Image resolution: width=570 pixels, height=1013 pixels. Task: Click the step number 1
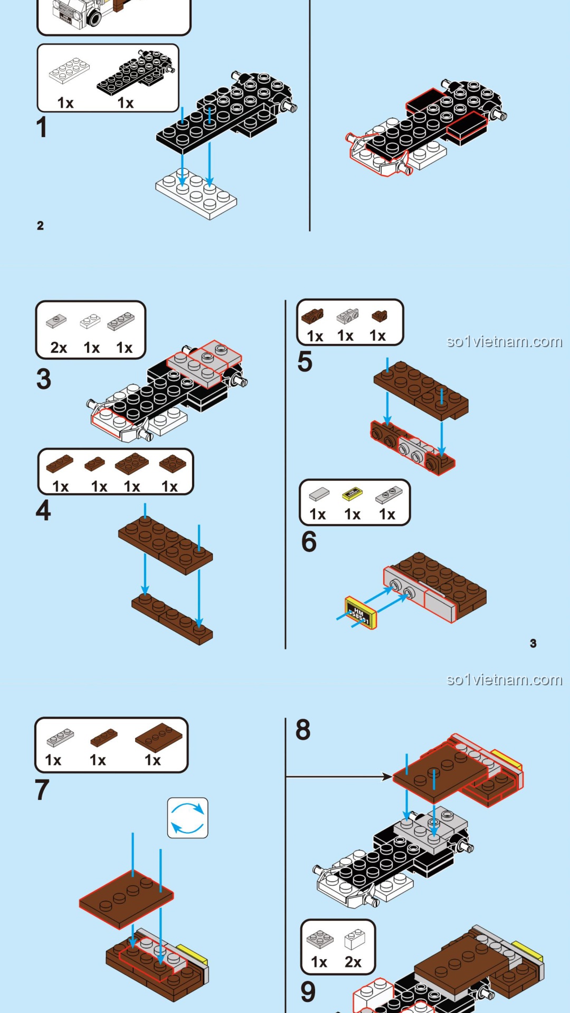pos(42,128)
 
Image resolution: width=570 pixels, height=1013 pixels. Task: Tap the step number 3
pos(44,379)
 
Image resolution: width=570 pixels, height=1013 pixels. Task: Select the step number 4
pos(43,510)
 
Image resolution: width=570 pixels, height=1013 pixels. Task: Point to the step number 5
pos(305,361)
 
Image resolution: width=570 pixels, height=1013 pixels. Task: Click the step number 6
pos(309,541)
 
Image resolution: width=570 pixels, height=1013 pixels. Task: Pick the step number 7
pos(42,790)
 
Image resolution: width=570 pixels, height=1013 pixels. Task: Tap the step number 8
pos(303,730)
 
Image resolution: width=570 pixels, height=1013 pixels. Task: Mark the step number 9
pos(308,991)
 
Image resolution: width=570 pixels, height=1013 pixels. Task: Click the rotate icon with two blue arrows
pos(187,818)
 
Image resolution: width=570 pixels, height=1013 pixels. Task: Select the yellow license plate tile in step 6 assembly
pos(360,613)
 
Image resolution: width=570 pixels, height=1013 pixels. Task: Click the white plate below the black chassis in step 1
pos(196,193)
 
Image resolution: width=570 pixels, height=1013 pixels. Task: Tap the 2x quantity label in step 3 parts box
pos(59,348)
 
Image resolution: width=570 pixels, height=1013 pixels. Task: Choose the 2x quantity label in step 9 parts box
pos(353,962)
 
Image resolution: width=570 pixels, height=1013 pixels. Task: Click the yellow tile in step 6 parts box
pos(352,494)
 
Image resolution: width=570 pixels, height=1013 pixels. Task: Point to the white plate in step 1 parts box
pos(69,70)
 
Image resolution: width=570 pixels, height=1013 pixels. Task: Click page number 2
pos(40,226)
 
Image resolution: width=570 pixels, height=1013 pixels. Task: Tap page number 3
pos(533,643)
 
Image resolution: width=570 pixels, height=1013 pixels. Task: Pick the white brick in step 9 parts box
pos(355,940)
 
